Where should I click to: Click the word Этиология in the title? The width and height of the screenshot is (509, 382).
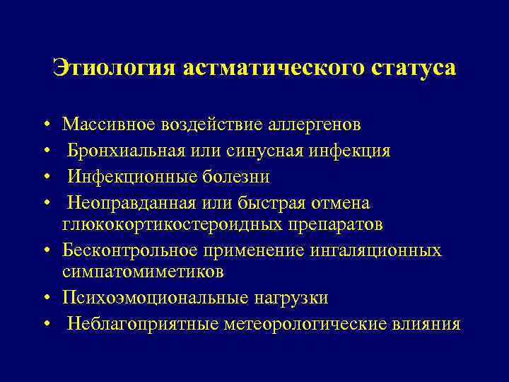tap(115, 69)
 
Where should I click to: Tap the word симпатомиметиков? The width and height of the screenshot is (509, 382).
tap(143, 272)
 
